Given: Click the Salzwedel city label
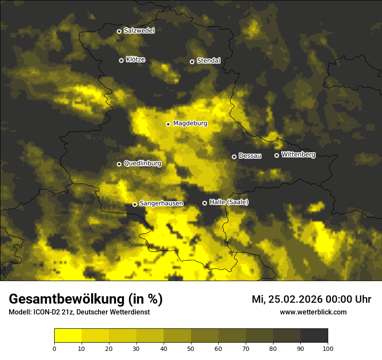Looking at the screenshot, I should (139, 31).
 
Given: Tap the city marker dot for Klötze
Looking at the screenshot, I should (121, 60).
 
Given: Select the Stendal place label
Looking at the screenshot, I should (208, 61).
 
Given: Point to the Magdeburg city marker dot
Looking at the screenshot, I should (168, 124).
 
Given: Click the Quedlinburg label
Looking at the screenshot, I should (142, 164).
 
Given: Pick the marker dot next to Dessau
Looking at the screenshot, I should (234, 157).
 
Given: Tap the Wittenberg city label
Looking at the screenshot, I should (298, 154).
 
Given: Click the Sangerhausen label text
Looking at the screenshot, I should (161, 203).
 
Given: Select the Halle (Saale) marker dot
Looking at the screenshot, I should (204, 203).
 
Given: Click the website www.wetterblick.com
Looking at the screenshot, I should (313, 312).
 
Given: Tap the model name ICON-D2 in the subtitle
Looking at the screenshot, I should (45, 312).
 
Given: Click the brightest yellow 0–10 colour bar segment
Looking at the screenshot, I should (68, 335).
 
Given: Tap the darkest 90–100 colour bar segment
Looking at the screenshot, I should (314, 335).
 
